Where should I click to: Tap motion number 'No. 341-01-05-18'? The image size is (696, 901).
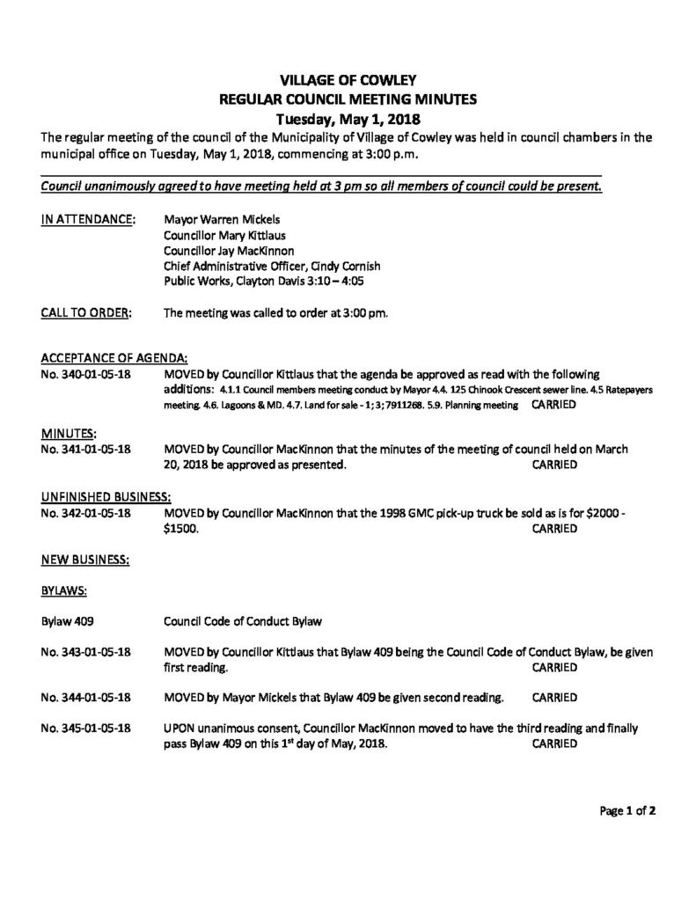(87, 449)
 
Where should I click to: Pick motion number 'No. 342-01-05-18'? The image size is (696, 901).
(87, 512)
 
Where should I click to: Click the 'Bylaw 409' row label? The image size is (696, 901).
(68, 622)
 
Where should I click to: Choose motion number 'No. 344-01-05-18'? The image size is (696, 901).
(87, 698)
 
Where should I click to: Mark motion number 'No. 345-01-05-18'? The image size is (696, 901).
(87, 729)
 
